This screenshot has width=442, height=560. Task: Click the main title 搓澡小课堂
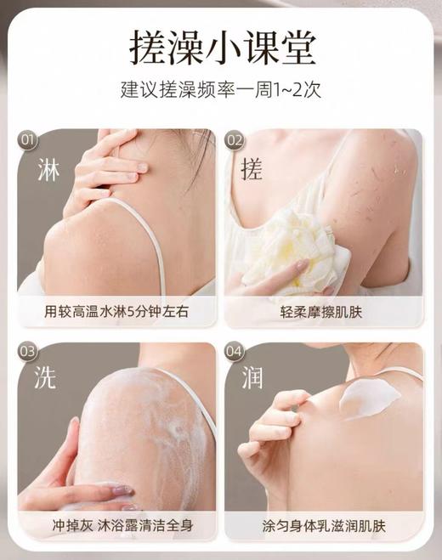click(x=220, y=46)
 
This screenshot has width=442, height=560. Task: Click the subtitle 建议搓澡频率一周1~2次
click(x=221, y=88)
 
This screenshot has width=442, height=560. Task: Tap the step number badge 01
click(x=28, y=139)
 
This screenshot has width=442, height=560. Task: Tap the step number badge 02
click(x=235, y=139)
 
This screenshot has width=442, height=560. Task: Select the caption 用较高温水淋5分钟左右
click(x=116, y=312)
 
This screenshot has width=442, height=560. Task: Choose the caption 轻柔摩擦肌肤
click(x=324, y=312)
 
